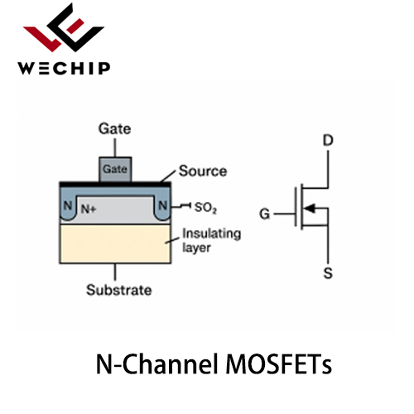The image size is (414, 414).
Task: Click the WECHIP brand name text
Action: coord(64,68)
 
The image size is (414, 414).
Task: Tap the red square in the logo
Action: coord(75,26)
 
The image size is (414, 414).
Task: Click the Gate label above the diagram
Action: coord(115,129)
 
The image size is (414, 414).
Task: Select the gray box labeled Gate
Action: coord(115,170)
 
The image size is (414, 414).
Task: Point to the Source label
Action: coord(203,171)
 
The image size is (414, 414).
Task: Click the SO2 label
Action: coord(205,208)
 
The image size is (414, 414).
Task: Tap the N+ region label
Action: coord(89,209)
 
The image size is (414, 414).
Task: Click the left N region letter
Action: coord(68,205)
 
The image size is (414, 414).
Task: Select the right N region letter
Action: coord(162,205)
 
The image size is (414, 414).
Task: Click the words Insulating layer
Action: coord(211,240)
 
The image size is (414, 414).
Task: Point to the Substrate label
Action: coord(119,290)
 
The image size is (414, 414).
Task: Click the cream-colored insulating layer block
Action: coord(115,243)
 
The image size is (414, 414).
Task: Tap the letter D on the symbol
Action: coord(328,141)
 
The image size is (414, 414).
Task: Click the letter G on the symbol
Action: coord(265,214)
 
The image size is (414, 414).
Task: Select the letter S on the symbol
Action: coord(328,273)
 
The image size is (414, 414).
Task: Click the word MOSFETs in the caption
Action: coord(279,363)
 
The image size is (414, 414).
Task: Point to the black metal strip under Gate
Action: coord(115,185)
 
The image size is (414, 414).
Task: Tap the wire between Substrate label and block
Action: coord(115,272)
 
